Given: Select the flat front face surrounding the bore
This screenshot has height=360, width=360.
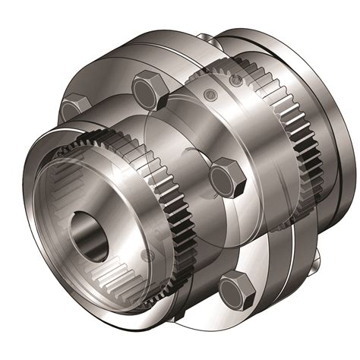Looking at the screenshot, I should click(x=114, y=228).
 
